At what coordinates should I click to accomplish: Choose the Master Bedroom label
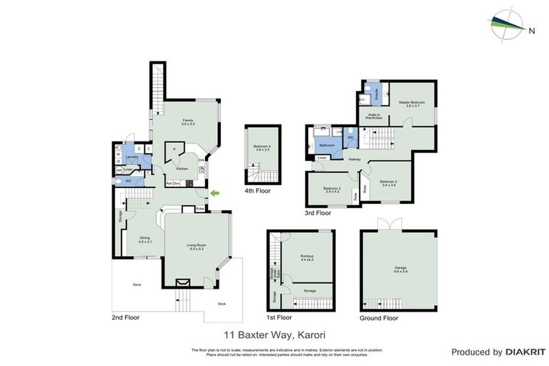[412, 103]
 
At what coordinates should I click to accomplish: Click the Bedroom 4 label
[262, 147]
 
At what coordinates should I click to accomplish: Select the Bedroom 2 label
[388, 182]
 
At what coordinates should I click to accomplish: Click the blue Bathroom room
[327, 144]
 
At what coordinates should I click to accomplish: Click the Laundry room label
[132, 157]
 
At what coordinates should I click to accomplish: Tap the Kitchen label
[182, 169]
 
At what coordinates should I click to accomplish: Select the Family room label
[188, 122]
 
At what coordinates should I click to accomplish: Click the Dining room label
[145, 239]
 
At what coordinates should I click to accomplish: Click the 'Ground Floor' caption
[378, 318]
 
